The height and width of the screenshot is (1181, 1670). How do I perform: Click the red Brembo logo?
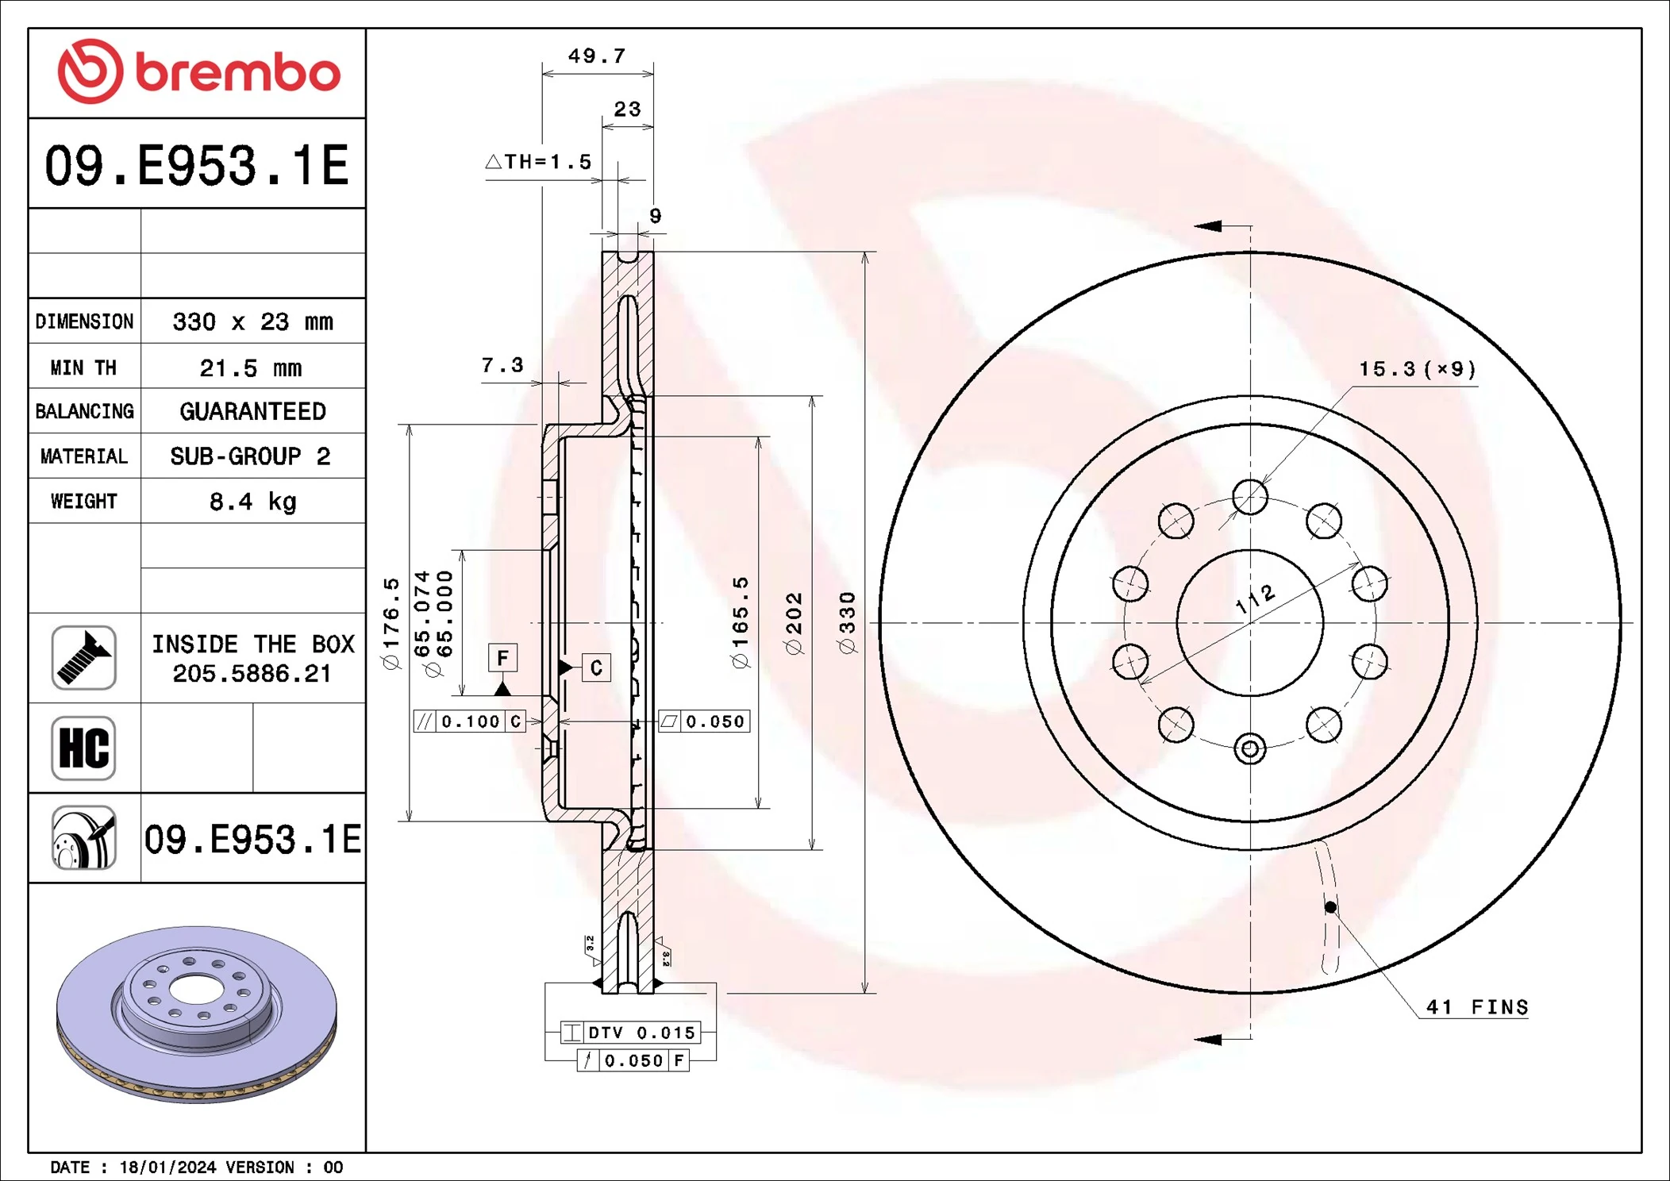coord(198,71)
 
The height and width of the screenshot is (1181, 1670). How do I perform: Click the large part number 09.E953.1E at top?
coord(197,166)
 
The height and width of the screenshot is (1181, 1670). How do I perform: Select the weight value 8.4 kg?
coord(252,502)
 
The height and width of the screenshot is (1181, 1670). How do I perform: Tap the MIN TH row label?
coord(83,367)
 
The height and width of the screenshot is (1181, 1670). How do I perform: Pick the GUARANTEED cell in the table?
coord(252,411)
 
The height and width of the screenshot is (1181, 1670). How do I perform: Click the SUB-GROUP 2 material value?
coord(250,456)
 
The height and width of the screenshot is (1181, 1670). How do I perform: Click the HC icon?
coord(84,748)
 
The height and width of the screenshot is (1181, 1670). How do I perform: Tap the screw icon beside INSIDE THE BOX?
coord(84,658)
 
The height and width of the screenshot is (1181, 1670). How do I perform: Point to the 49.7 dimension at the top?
coord(597,56)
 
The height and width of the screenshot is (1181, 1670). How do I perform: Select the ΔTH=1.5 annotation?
coord(540,162)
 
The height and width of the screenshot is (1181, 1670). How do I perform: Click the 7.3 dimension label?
coord(502,365)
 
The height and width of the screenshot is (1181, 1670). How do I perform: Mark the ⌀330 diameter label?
coord(848,622)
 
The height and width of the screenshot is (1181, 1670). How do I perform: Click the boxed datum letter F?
coord(502,658)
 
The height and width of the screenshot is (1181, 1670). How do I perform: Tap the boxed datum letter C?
coord(596,668)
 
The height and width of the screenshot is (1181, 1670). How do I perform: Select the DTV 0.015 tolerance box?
coord(631,1033)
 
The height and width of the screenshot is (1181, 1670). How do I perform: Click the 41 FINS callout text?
coord(1476,1007)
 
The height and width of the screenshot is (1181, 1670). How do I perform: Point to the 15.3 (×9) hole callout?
coord(1417,369)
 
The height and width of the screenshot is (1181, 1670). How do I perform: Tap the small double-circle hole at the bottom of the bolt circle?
coord(1249,748)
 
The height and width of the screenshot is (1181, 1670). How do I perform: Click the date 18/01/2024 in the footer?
coord(167,1167)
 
